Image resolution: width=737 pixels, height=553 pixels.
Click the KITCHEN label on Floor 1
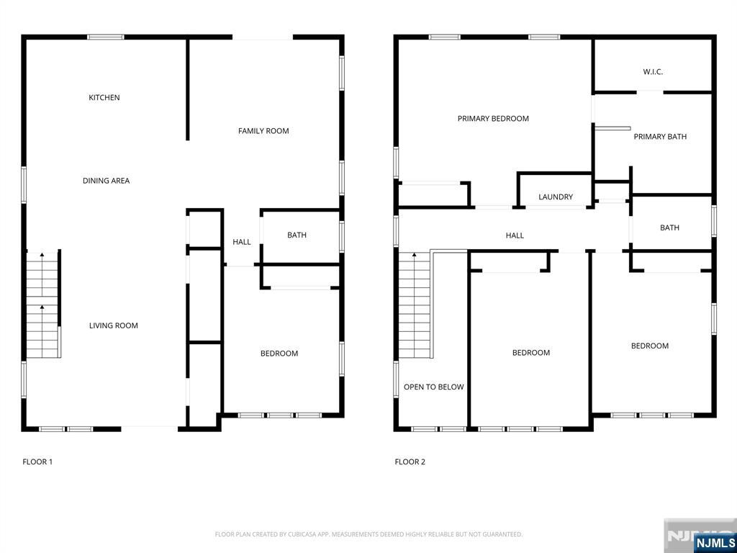pos(104,97)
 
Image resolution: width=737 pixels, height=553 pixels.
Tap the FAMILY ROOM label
pos(263,131)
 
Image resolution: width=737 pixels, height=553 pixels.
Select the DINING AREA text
pos(107,181)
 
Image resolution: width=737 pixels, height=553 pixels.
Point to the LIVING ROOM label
pos(114,325)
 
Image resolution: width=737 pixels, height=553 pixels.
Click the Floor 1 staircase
pos(43,305)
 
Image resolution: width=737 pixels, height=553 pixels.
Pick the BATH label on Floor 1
pos(297,235)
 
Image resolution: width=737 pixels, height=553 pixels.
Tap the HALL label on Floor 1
pos(242,242)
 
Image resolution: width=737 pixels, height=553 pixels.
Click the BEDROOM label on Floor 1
pos(279,353)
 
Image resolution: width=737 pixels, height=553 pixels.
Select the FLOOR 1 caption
pos(37,462)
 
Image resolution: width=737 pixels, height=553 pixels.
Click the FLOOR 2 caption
pos(410,462)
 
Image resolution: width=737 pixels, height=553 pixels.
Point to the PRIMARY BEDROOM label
pos(493,119)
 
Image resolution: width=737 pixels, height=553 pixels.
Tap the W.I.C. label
pos(653,72)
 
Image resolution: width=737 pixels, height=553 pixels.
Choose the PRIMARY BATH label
pos(660,136)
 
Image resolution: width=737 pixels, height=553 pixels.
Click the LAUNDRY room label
pos(556,197)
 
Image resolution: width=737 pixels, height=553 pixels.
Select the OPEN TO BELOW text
pos(434,387)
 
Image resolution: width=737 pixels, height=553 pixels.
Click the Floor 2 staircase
pos(415,305)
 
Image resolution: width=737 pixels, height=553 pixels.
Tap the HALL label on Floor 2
pos(515,235)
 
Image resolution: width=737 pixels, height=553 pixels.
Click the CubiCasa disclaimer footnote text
pos(368,535)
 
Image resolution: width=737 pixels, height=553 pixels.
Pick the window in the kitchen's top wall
pos(106,37)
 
